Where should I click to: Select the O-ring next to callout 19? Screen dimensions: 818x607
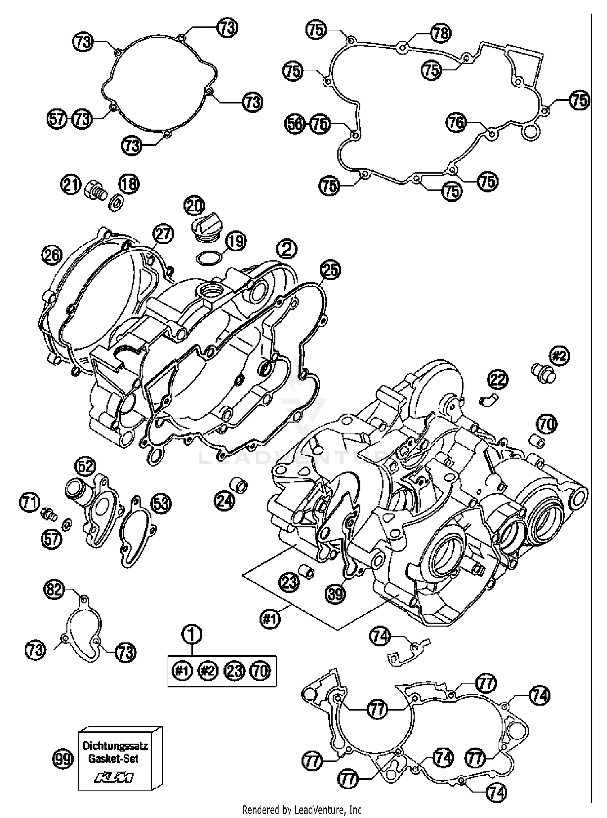click(x=209, y=257)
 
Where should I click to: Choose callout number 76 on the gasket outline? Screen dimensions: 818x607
click(x=456, y=123)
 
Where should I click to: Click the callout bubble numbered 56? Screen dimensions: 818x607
click(x=294, y=124)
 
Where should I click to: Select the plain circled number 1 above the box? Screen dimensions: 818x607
click(x=193, y=635)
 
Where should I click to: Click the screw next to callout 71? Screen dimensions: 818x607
click(x=48, y=515)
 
